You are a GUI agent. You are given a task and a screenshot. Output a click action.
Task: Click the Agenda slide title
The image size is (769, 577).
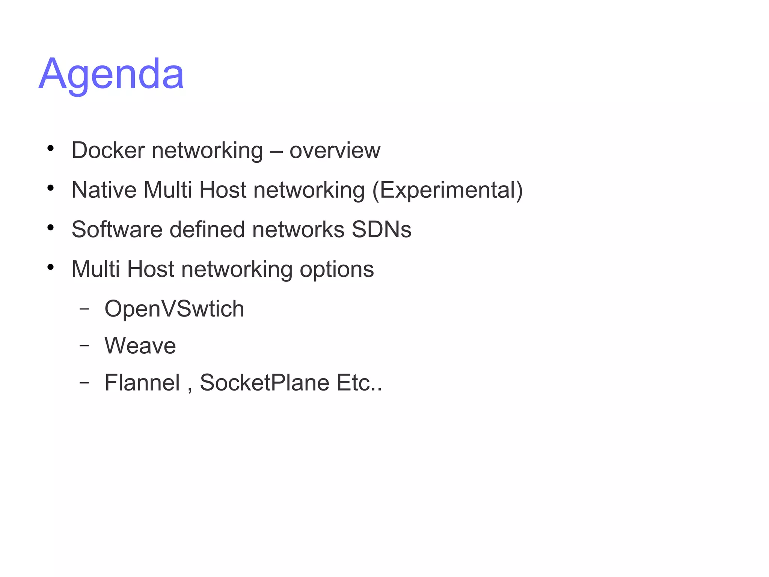tap(111, 74)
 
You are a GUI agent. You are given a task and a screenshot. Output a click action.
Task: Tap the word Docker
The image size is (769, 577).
tap(108, 150)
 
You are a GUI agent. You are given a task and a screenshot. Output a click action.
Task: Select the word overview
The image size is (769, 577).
tap(335, 151)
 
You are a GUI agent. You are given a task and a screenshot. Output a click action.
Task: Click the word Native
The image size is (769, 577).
tap(104, 190)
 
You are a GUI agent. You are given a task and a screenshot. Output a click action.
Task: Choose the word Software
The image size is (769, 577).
tap(117, 229)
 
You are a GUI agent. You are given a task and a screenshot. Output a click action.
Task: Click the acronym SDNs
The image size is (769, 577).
tap(381, 229)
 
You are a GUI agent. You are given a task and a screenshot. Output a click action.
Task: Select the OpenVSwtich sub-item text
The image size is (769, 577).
tap(174, 309)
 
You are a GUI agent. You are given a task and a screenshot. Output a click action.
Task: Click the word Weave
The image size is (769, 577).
tap(140, 346)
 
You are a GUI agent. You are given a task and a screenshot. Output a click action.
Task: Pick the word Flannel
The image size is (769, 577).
tap(142, 383)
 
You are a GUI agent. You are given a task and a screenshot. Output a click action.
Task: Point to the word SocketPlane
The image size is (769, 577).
tap(265, 383)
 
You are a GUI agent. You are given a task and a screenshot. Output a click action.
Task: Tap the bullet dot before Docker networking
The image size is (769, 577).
tap(51, 148)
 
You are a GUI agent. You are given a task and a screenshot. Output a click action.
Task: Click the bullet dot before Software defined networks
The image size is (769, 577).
tap(51, 227)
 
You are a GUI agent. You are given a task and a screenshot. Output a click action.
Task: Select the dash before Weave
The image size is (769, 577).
tap(84, 345)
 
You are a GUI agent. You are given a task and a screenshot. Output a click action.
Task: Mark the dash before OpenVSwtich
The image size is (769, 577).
tap(84, 309)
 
